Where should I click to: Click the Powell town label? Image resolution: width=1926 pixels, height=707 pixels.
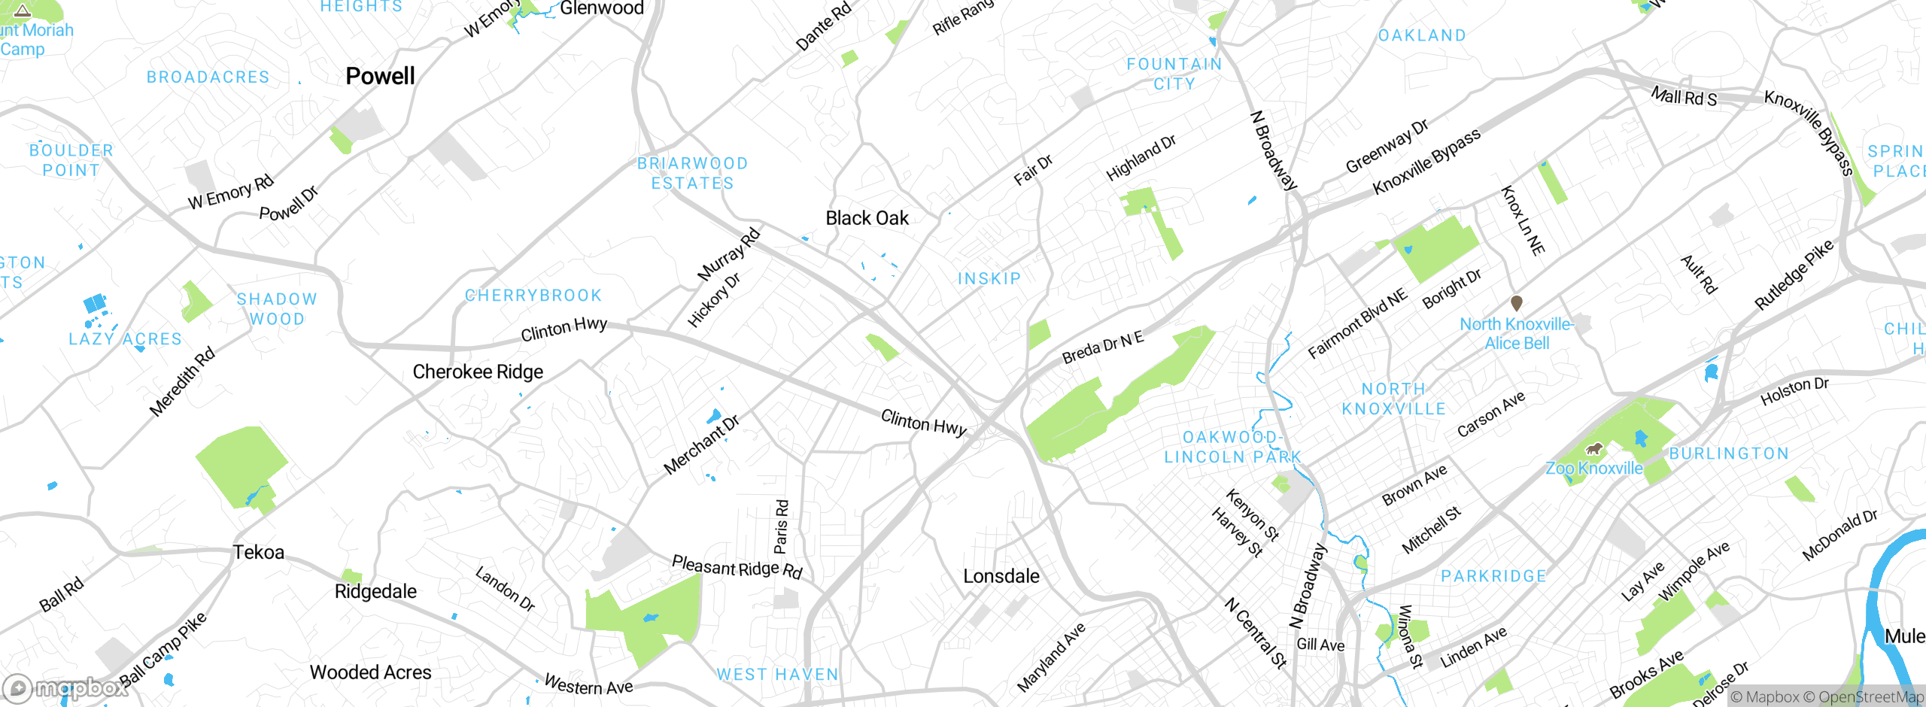pos(380,76)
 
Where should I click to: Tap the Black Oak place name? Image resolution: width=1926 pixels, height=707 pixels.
pos(867,218)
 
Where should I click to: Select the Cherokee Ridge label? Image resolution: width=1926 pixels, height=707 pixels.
pos(478,372)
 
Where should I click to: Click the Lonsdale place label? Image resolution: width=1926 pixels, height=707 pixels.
pos(1001,576)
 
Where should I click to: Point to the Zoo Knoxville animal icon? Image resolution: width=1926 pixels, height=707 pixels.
pos(1593,450)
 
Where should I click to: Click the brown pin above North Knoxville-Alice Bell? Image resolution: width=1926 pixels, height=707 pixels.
pos(1517,303)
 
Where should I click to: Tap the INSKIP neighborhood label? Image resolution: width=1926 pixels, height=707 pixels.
pos(989,279)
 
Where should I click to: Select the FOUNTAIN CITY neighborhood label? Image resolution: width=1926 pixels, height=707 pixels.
pos(1174,74)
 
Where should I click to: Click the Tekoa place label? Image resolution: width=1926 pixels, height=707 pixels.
pos(258,552)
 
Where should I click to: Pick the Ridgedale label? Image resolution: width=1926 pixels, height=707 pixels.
pos(375,591)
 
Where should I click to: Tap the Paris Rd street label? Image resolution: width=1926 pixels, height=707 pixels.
pos(782,526)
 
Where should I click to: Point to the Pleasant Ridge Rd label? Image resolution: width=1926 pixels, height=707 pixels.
pos(737,567)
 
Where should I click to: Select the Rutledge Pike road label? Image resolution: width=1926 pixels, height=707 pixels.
pos(1794,275)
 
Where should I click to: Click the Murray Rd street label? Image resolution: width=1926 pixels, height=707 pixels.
pos(729,254)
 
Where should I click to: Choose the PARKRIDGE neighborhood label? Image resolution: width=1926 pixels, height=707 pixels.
pos(1493,576)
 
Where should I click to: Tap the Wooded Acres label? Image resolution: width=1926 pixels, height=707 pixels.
pos(370,672)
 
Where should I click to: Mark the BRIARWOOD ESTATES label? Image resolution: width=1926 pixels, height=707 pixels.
pos(692,173)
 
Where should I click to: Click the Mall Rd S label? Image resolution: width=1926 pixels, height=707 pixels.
pos(1684,97)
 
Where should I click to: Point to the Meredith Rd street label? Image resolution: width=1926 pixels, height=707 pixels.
pos(182,381)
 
